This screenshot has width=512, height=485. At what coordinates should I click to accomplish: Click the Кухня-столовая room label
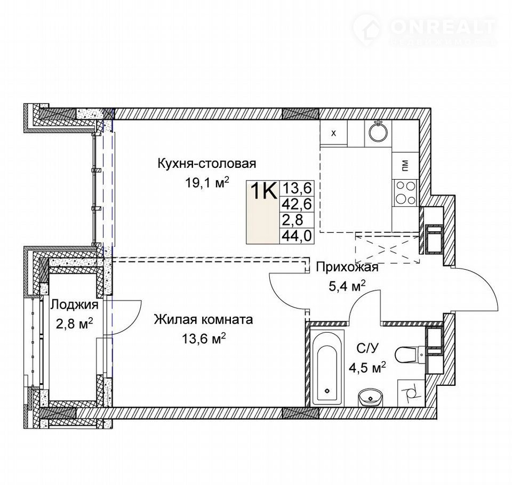(207, 164)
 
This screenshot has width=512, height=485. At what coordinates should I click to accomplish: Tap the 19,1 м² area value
(207, 182)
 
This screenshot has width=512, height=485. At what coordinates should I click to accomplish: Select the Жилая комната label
(203, 319)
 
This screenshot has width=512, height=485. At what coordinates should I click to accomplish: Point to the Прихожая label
(347, 268)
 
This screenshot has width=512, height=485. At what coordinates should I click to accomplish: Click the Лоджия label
(74, 305)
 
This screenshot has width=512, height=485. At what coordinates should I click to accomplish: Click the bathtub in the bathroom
(326, 368)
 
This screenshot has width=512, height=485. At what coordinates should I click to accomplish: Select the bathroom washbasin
(370, 398)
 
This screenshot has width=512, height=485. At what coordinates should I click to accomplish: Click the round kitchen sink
(379, 132)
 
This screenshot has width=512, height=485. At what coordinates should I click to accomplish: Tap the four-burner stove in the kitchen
(405, 193)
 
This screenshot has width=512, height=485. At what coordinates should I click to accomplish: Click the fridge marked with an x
(333, 133)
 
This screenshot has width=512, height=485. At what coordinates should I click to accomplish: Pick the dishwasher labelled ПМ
(405, 166)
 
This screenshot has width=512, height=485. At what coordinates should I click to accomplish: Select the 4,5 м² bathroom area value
(367, 368)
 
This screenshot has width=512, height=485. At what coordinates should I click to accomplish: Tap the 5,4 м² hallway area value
(346, 287)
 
